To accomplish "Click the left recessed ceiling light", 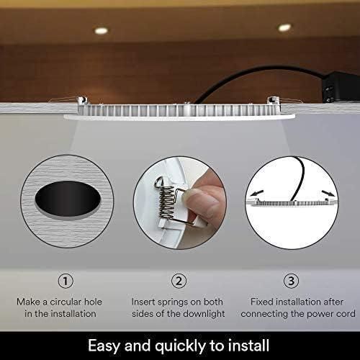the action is point(101,30).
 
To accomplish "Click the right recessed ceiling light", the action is point(284,27).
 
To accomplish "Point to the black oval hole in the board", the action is point(68,199).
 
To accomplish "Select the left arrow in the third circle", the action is point(257,193).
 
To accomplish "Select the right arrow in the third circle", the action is point(328,193).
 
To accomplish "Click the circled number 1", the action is point(66,281).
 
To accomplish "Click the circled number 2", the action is point(179,281).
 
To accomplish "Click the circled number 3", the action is point(291,281).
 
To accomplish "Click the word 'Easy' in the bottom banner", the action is point(104,346).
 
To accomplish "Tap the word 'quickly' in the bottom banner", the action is point(180,346).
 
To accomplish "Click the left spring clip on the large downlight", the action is point(82,100).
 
